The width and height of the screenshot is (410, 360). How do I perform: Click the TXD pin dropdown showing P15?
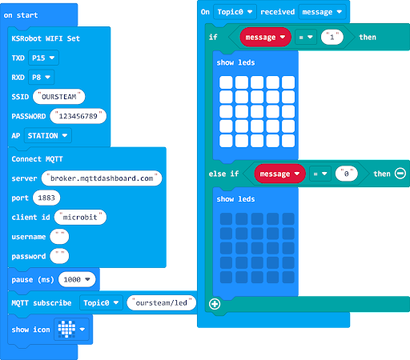(x=43, y=58)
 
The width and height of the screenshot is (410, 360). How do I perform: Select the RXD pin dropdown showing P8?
(x=41, y=77)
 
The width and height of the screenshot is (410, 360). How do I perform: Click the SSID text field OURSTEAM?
(x=59, y=97)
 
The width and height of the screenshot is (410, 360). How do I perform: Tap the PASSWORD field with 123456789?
(x=78, y=116)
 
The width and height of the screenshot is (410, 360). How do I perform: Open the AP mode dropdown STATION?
(x=48, y=135)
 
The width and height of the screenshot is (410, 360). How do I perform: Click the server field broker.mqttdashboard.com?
(x=102, y=178)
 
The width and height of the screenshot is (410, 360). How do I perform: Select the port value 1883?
(x=46, y=198)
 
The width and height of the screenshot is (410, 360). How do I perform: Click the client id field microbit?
(x=80, y=217)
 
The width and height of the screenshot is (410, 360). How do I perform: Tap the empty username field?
(x=59, y=237)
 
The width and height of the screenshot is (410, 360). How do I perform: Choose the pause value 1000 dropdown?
(x=77, y=279)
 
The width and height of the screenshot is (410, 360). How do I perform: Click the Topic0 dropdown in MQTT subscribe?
(x=101, y=302)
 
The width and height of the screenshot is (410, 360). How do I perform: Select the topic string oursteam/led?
(x=162, y=302)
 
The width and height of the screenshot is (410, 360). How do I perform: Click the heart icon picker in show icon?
(x=71, y=329)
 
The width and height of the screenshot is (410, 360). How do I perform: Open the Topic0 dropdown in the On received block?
(x=235, y=12)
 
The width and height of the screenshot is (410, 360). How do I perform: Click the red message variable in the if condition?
(x=265, y=37)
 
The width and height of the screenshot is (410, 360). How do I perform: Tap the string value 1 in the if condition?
(x=332, y=37)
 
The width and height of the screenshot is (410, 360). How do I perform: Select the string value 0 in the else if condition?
(x=347, y=174)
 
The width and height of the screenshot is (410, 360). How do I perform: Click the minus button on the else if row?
(x=400, y=174)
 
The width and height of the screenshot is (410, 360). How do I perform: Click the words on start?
(x=21, y=15)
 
